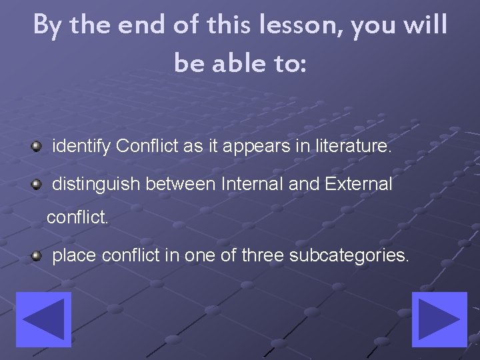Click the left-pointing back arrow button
tap(43, 320)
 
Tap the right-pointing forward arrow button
tap(438, 320)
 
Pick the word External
tap(358, 184)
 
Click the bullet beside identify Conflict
tap(37, 145)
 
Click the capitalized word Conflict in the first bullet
tap(147, 145)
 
